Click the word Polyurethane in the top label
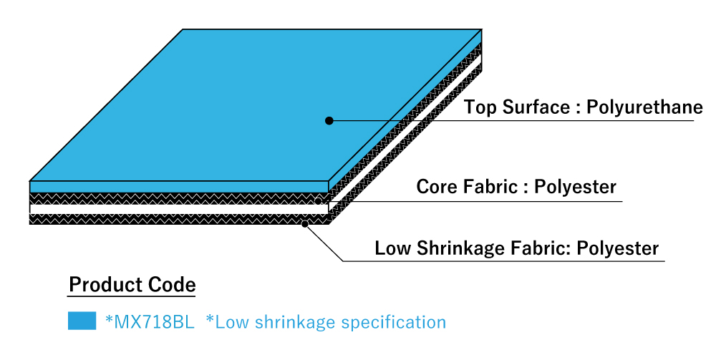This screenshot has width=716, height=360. [644, 108]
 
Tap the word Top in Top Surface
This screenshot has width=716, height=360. [478, 108]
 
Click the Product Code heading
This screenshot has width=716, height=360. [132, 285]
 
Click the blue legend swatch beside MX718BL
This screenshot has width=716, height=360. [82, 321]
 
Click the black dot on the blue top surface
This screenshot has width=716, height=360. [329, 121]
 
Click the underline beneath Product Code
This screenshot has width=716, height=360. [132, 296]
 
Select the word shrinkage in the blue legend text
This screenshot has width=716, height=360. [301, 322]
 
